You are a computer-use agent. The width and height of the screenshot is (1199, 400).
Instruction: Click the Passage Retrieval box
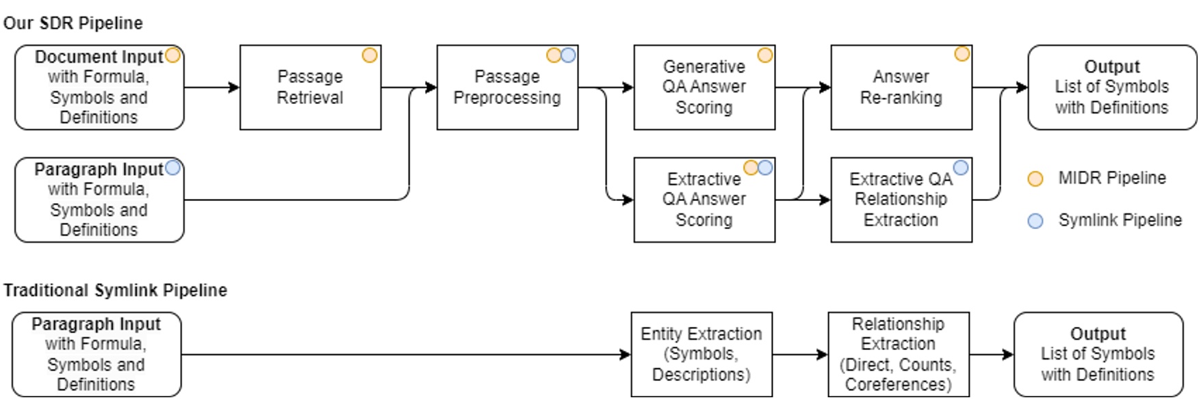[310, 88]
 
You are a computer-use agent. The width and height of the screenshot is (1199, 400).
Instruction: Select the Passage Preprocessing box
[507, 88]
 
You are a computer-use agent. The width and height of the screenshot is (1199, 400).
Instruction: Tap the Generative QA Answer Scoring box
[704, 88]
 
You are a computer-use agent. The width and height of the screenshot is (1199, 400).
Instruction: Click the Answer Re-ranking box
[901, 88]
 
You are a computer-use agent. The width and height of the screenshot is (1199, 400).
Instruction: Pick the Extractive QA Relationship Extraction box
[901, 200]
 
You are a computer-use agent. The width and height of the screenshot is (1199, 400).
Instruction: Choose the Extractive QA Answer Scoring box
[704, 200]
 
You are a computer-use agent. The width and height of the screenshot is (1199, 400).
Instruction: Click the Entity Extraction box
[701, 354]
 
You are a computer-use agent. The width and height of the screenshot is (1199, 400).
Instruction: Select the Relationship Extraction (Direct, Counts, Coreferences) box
[899, 354]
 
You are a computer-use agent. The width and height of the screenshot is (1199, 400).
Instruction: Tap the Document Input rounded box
[99, 88]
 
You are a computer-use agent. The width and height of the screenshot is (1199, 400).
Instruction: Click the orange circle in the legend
[1035, 179]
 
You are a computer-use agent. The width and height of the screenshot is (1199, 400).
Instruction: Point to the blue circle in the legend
[1035, 221]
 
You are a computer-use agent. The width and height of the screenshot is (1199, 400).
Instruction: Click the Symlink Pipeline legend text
[1120, 220]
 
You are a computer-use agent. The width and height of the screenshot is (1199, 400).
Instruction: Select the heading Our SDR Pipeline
[73, 23]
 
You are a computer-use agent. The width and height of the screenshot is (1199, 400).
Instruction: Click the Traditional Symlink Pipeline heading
[115, 291]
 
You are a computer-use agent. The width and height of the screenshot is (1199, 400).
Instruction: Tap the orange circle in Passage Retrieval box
[370, 55]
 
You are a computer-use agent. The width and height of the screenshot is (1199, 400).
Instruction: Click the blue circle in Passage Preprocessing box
[568, 55]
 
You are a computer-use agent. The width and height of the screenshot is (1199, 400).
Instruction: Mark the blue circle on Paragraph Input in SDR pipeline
[173, 167]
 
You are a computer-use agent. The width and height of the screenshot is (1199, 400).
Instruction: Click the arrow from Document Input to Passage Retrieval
[211, 88]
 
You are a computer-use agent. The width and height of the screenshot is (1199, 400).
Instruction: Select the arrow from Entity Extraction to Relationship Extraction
[799, 354]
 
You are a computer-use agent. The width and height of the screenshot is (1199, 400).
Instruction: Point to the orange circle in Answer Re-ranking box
[962, 54]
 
